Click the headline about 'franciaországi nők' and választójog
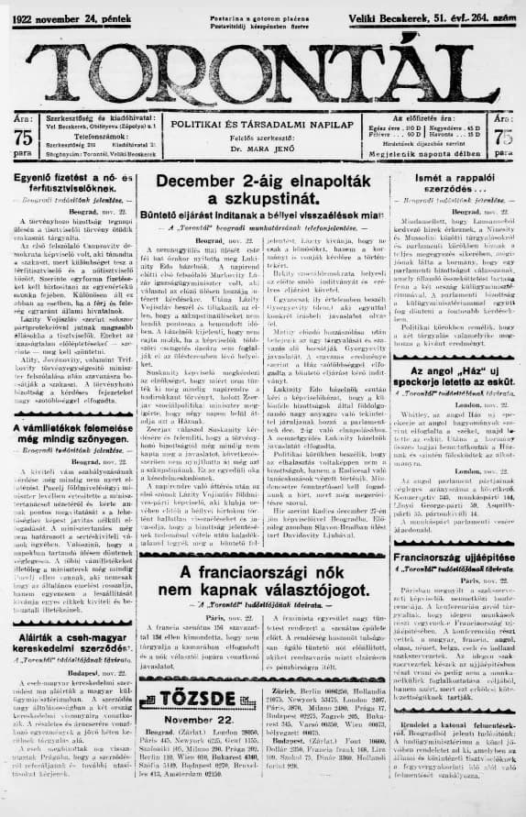tap(262, 580)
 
